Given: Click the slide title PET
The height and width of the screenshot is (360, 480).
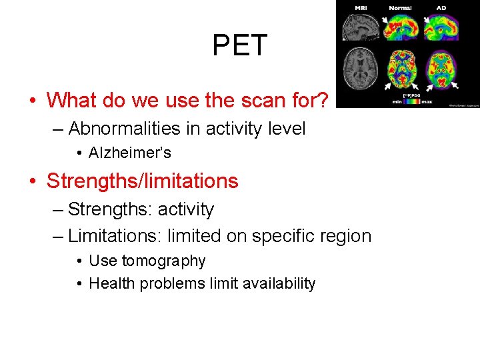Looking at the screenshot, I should click(239, 45).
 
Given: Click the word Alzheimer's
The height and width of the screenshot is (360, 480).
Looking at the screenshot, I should click(130, 153).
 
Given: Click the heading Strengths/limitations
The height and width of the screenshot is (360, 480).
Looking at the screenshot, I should click(142, 181).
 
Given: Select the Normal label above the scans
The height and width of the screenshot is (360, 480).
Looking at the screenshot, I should click(401, 8).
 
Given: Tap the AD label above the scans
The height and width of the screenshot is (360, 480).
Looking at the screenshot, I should click(441, 8).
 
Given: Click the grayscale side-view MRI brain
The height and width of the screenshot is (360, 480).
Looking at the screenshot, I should click(360, 28).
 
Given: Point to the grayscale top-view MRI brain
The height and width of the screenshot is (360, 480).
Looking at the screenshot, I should click(360, 69).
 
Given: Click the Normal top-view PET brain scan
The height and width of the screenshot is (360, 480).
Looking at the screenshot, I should click(401, 69).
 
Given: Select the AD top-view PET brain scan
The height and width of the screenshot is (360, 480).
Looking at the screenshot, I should click(441, 69).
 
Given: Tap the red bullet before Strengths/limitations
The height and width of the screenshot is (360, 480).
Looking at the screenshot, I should click(32, 181).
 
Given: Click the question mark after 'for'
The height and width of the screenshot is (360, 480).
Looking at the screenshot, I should click(322, 100).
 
